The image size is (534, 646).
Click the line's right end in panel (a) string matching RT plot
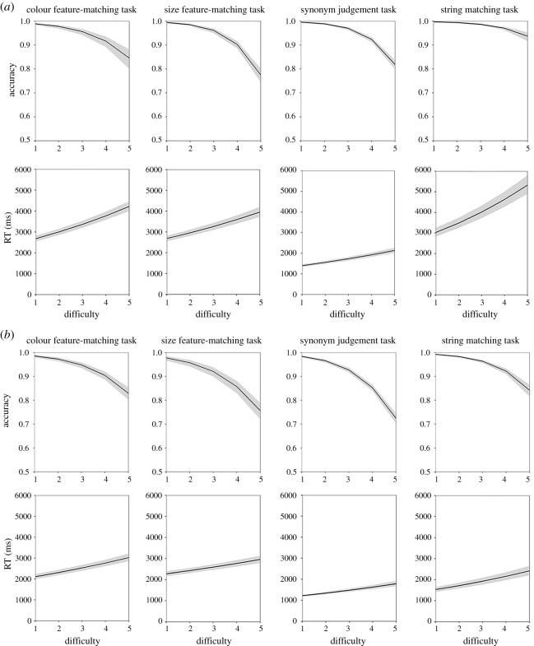527,184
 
